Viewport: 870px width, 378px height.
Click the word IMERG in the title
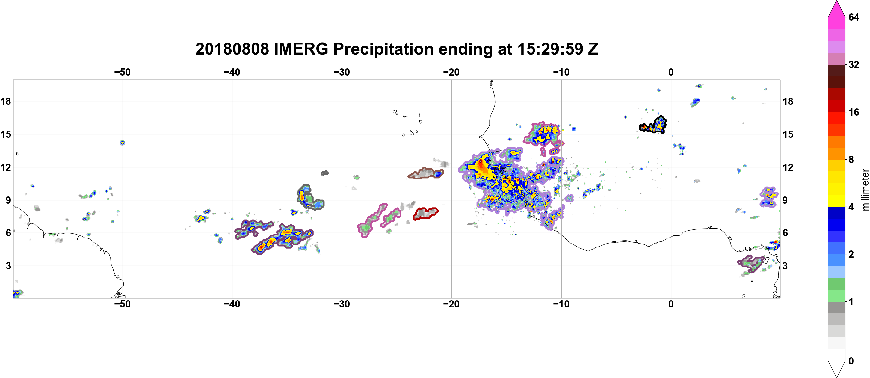[x=301, y=49]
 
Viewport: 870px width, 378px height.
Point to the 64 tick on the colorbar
[x=854, y=17]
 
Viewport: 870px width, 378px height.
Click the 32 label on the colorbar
[x=854, y=64]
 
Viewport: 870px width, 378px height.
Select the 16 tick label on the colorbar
[x=854, y=112]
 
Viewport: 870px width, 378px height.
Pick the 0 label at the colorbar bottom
[x=851, y=361]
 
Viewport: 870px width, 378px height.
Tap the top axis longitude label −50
[x=122, y=72]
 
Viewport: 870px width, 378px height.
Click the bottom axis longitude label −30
[x=342, y=304]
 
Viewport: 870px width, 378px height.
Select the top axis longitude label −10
[x=561, y=72]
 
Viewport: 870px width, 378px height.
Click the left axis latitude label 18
[x=6, y=101]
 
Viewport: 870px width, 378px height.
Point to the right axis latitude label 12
[x=788, y=167]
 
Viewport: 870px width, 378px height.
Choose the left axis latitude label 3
[x=8, y=266]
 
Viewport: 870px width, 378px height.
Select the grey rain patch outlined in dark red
[x=425, y=213]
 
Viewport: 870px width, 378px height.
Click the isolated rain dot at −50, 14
[x=122, y=143]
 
